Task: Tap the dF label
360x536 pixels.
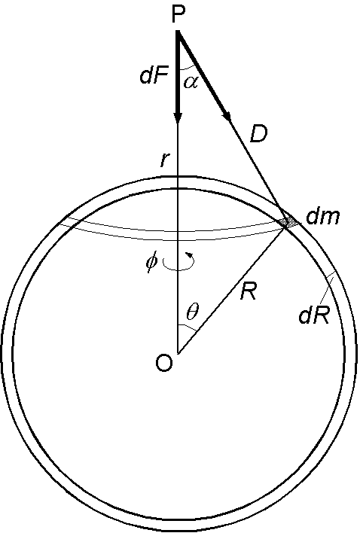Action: tap(154, 77)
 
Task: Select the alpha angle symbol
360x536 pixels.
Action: tap(191, 82)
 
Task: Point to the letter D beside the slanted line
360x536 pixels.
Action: tap(258, 134)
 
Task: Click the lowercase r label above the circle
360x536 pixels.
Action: tap(165, 160)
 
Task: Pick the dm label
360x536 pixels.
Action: tap(323, 216)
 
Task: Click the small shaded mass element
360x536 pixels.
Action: tap(288, 222)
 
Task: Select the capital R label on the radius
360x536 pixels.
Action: tap(248, 291)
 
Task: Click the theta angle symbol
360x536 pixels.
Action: tap(192, 312)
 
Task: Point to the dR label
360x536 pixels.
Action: tap(314, 315)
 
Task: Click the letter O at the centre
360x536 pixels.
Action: tap(163, 364)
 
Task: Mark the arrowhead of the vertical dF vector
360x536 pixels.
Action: tap(178, 117)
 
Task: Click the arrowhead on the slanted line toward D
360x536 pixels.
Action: tap(227, 115)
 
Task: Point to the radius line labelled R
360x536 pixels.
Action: tap(231, 290)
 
